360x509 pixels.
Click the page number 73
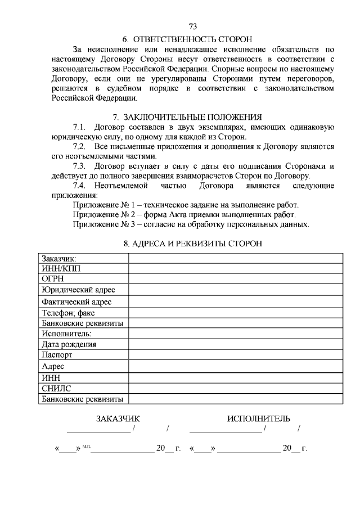click(x=193, y=26)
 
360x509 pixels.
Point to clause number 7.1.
click(x=81, y=127)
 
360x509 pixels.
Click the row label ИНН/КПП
click(x=61, y=268)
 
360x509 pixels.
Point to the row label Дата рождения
click(x=69, y=344)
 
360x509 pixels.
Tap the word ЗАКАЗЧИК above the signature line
click(x=118, y=418)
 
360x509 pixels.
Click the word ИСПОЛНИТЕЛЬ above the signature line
click(x=259, y=418)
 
